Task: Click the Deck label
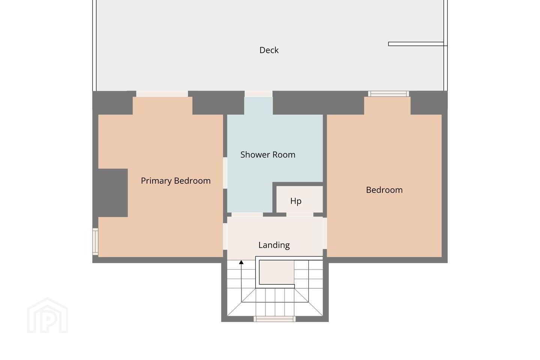coord(269,50)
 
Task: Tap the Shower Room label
coord(268,154)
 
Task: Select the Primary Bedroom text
coord(175,181)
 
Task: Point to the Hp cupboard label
coord(296,201)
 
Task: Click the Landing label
coord(274,245)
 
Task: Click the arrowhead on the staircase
coord(241,262)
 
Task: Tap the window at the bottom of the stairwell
coord(274,319)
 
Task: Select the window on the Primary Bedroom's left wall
coord(96,241)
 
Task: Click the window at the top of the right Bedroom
coord(388,94)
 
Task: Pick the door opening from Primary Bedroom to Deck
coord(162,94)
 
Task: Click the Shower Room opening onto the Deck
coord(258,94)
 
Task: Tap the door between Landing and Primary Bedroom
coord(225,237)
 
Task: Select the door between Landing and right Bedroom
coord(325,233)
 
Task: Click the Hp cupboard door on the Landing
coord(300,214)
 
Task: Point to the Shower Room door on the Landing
coord(247,214)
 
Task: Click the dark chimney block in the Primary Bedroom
coord(113,193)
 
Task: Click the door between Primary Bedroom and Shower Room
coord(225,173)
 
